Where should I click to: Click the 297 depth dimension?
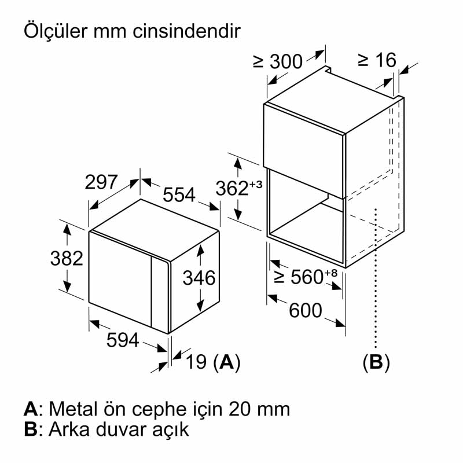point(101,183)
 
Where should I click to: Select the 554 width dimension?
point(179,195)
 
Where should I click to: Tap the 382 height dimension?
point(68,258)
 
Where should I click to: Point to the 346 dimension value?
point(199,278)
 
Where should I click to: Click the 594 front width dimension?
point(123,341)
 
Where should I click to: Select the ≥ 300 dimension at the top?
point(278,61)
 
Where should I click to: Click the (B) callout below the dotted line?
point(376,363)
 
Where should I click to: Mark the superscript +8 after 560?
point(331,272)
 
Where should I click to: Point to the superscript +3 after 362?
point(256,183)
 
